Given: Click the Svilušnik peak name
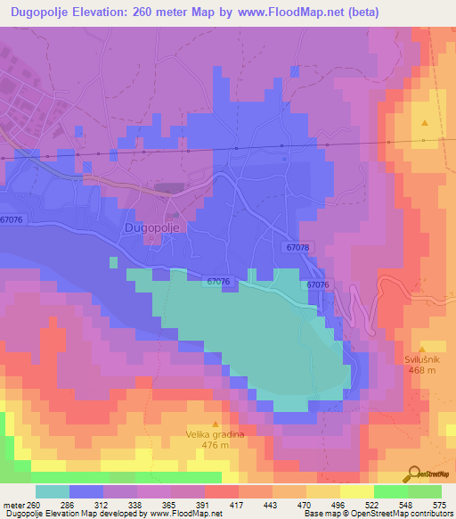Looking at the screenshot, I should pos(423,360).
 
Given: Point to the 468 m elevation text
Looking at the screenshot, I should pos(423,371).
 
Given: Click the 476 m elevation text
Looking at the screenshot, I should pos(215,446).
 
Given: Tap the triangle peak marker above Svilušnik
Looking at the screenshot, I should pos(424,349).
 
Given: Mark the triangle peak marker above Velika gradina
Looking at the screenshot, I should pos(215,424).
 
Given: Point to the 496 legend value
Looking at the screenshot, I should pos(338,504).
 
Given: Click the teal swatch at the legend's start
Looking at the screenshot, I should pos(52,491).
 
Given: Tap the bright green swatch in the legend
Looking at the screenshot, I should pos(390,491).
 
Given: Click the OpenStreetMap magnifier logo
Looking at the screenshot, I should pos(411,474).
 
